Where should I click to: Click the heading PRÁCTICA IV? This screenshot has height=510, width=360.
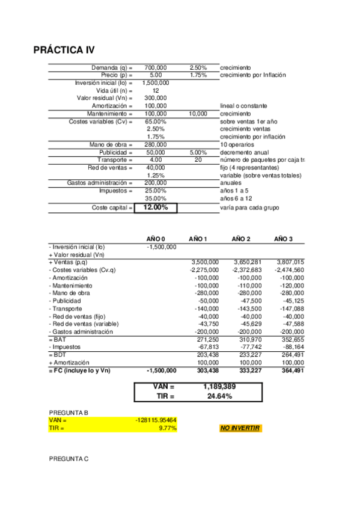point(64,50)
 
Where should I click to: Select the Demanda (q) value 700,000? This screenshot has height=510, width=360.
point(156,67)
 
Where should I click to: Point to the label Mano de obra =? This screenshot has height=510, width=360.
point(111,144)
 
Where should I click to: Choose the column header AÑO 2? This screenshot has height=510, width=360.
point(240,239)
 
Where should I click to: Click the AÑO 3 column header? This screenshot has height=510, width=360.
point(283,239)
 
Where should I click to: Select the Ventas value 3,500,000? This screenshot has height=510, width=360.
point(204,262)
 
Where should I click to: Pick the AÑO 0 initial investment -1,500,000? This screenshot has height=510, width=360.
point(161,247)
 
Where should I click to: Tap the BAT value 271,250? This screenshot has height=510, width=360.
point(207,340)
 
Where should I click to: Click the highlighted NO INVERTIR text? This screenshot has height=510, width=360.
point(240,428)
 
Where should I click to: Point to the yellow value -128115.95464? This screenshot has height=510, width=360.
point(156,420)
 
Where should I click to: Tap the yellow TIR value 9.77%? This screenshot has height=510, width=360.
point(166,428)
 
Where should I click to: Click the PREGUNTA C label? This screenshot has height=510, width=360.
point(69,459)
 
